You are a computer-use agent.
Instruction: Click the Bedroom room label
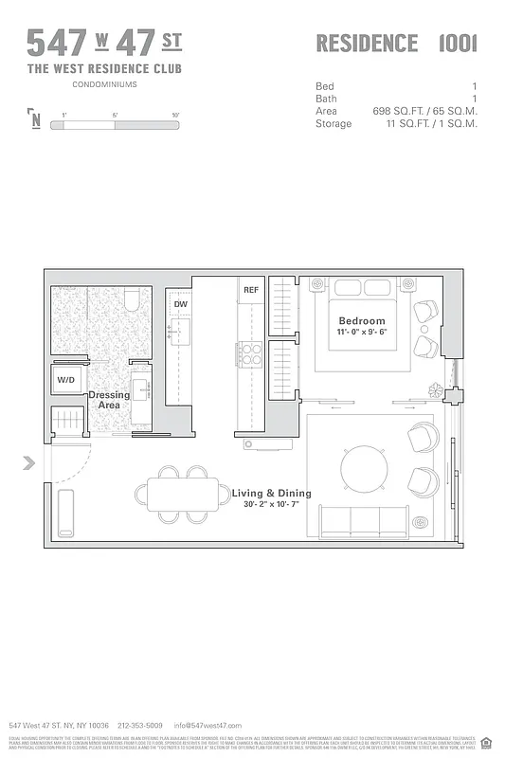click(362, 321)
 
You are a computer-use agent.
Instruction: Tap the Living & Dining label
click(271, 494)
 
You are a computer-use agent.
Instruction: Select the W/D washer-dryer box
click(65, 380)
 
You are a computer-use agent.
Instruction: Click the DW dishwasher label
click(179, 304)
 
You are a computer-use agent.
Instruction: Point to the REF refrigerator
click(251, 290)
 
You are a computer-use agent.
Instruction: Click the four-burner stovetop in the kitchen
click(251, 353)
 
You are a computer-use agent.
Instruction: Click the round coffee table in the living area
click(364, 466)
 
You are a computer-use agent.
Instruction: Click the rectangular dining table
click(183, 494)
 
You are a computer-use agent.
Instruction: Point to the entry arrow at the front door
click(29, 462)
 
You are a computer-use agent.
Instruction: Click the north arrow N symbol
click(35, 119)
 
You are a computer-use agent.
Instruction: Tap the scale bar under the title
click(119, 122)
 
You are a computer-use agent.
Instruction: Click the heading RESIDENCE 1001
click(396, 44)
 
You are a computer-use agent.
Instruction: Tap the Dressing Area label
click(109, 400)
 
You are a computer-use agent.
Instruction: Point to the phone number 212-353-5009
click(141, 724)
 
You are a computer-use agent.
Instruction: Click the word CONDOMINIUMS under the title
click(104, 84)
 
